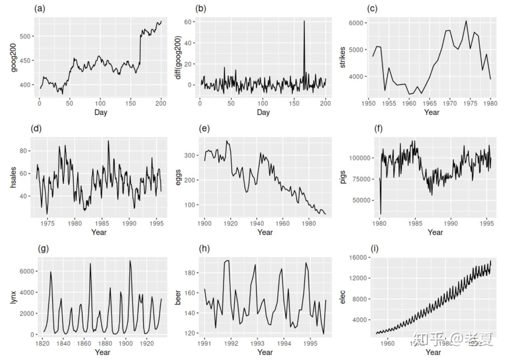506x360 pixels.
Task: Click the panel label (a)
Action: pos(39,8)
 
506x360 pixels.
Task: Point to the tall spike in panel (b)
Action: pos(304,22)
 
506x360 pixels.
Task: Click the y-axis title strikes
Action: pos(343,57)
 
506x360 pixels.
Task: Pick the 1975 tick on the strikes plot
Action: pos(470,103)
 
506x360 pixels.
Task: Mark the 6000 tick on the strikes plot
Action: pos(356,23)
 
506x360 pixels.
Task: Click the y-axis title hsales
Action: pos(13,178)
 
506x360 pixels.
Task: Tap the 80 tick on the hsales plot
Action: pos(23,151)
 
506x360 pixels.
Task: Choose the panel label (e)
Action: pos(204,128)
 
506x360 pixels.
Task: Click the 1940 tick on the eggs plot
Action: pos(257,223)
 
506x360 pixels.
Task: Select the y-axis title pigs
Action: pos(343,177)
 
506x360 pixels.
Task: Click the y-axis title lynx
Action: pos(13,297)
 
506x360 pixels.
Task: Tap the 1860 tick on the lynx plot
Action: pos(84,343)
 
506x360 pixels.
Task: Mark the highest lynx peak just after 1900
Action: pos(130,261)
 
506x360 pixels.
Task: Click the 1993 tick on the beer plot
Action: pos(257,343)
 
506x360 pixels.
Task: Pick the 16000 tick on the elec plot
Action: pos(357,257)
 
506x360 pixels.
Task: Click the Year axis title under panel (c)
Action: pos(432,112)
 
